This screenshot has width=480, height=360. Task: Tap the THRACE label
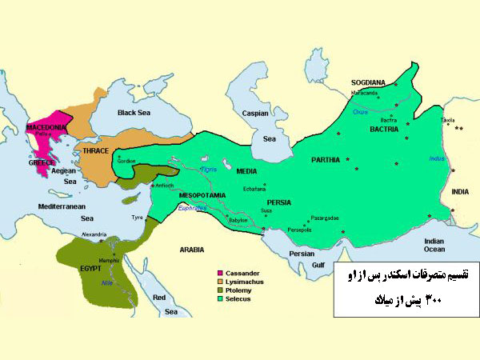[x=90, y=150]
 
